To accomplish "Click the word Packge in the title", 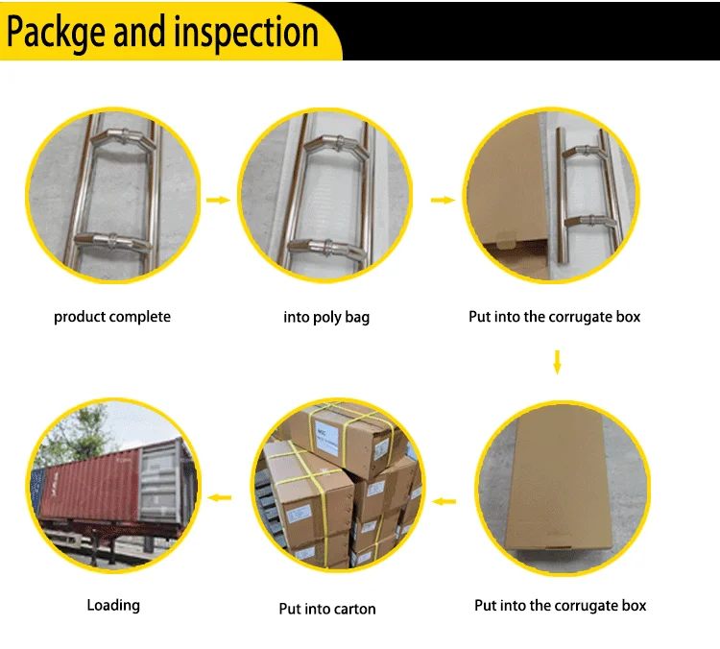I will coord(57,32).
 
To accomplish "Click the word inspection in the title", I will coord(245,32).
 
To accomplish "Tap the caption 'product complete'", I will coord(112,317).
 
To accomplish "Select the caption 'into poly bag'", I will coord(326,317).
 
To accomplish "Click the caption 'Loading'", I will coord(113,605).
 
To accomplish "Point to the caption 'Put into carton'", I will coord(327,608).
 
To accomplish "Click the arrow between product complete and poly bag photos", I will coord(219,200).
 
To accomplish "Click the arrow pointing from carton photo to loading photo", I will coord(221,497).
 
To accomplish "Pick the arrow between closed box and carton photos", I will coord(444,499).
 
